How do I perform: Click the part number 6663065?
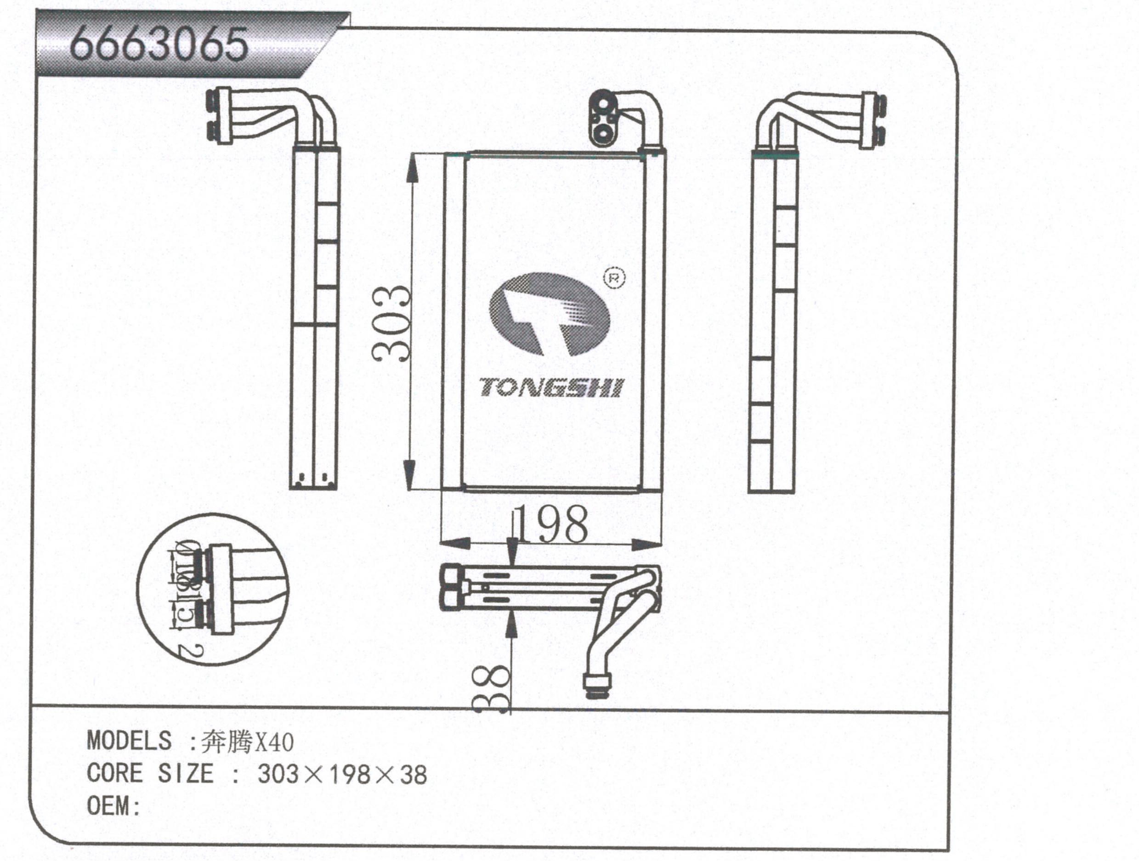pos(159,45)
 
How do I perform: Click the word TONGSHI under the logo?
pos(551,388)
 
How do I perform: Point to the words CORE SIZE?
pos(150,773)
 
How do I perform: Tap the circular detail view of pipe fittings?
pos(212,589)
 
